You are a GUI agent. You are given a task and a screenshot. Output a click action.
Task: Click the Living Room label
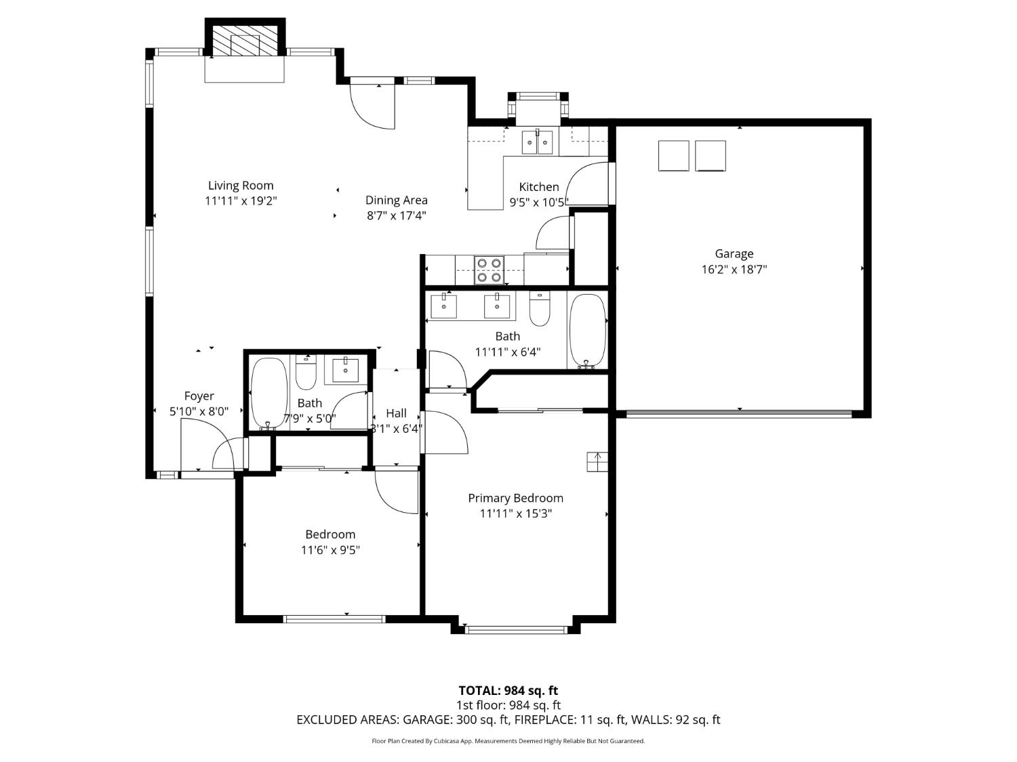coord(241,186)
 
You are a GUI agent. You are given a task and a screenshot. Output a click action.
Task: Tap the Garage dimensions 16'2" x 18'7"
coord(734,269)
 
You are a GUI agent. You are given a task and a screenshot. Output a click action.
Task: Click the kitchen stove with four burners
coord(489,270)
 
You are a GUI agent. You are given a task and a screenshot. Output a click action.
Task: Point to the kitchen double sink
coord(537,142)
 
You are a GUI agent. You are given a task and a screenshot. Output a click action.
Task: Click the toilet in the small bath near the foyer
coord(306,369)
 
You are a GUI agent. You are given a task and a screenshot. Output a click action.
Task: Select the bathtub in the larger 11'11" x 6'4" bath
coord(587,331)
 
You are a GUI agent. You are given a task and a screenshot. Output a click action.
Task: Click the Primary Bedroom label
coord(515,498)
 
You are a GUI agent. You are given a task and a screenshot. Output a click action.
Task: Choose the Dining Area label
coord(396,200)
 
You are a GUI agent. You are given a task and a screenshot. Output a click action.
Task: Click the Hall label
coord(396,413)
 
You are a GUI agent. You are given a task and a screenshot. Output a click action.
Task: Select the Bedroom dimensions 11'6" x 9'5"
coord(330,550)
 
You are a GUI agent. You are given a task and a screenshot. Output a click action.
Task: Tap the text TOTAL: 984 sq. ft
coord(508,690)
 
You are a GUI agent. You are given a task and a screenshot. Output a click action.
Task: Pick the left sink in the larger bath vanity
coord(443,306)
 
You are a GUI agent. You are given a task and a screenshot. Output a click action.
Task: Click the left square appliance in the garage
coord(673,156)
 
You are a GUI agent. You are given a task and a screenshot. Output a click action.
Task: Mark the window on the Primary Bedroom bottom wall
coord(516,630)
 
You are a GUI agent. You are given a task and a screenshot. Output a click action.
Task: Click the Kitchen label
coord(539,187)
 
